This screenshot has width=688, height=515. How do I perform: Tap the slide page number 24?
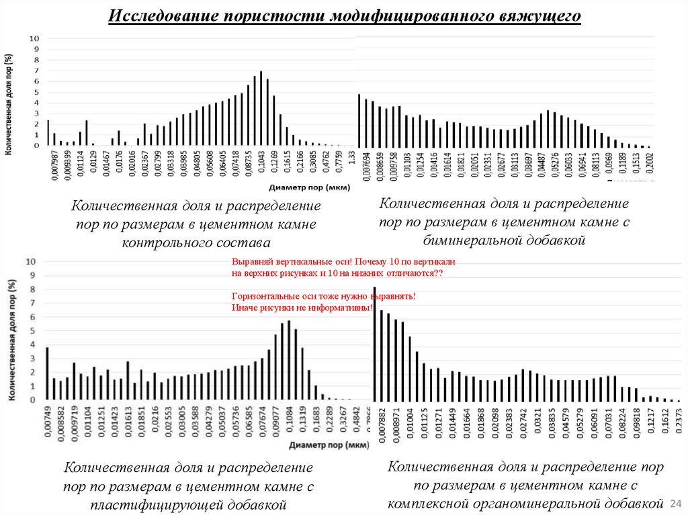point(676,503)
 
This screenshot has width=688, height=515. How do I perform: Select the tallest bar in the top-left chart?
point(261,108)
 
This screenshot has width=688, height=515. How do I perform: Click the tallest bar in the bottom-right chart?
point(374,343)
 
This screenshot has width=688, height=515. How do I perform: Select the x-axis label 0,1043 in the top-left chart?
point(261,165)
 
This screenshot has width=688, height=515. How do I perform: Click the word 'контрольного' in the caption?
point(171,242)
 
